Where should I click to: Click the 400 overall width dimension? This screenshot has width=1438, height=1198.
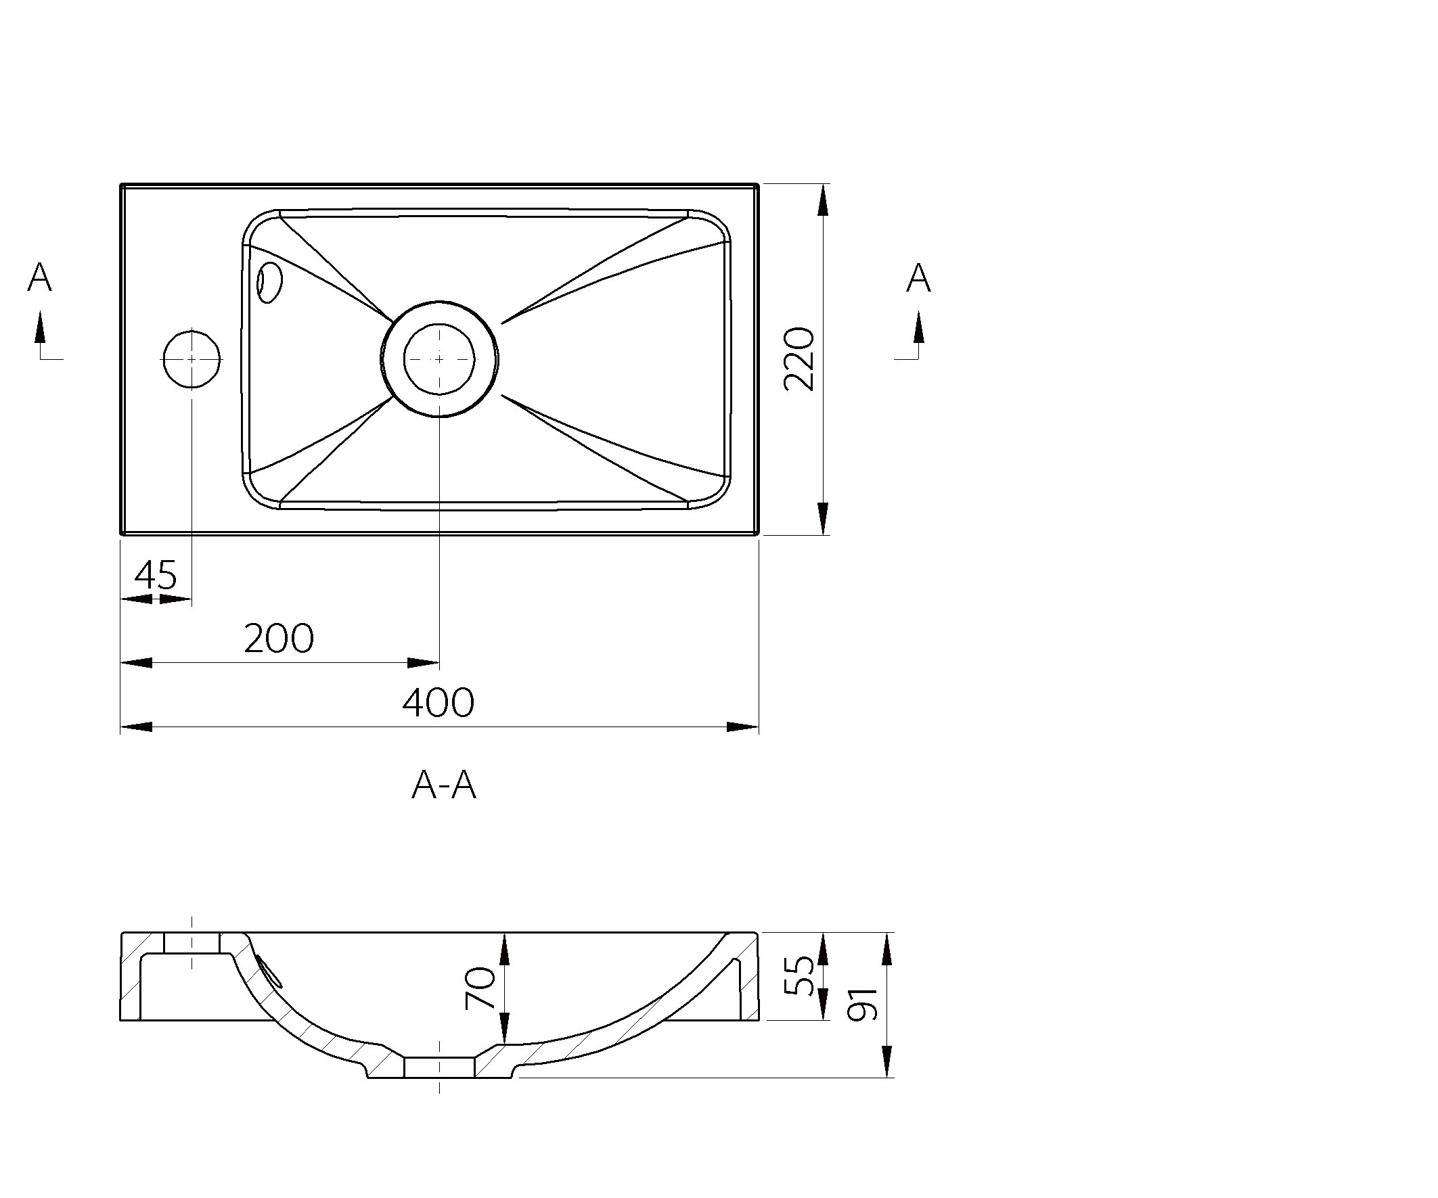coord(438,702)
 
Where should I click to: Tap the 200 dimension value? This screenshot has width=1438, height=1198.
coord(279,638)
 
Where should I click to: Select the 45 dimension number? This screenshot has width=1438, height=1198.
coord(156,574)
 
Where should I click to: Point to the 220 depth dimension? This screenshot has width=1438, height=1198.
coord(799,359)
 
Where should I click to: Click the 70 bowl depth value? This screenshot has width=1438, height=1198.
coord(480,988)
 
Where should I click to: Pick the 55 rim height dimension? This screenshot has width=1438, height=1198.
coord(799,975)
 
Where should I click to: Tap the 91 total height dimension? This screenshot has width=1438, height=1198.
coord(862,1005)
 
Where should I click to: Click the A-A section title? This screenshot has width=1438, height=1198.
coord(444,785)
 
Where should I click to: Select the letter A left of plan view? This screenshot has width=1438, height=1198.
coord(40,278)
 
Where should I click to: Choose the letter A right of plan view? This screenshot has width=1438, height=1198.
coord(918,278)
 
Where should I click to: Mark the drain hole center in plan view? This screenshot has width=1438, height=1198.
coord(439,359)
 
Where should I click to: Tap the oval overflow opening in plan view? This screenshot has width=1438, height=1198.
coord(269,282)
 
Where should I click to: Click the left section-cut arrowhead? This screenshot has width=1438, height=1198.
coord(41,327)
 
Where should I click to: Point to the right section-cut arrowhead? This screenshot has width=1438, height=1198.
coord(918,327)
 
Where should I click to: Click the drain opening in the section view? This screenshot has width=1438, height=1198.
coord(439,1067)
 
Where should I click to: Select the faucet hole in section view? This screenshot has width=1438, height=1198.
coord(192,943)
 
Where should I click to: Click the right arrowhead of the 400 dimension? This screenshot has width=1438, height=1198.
coord(742,727)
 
